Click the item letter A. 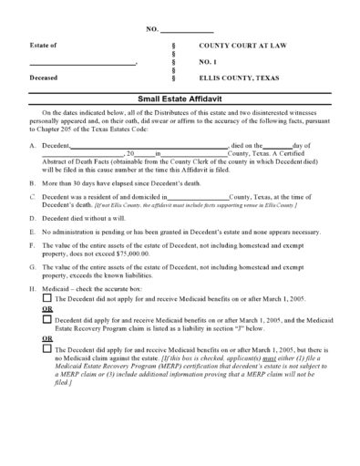click(x=33, y=146)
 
